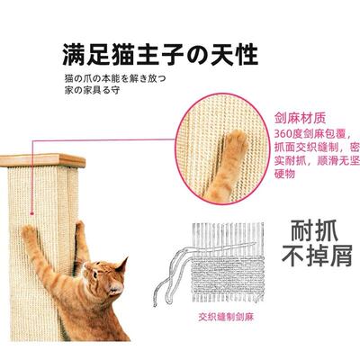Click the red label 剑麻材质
click(x=303, y=117)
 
